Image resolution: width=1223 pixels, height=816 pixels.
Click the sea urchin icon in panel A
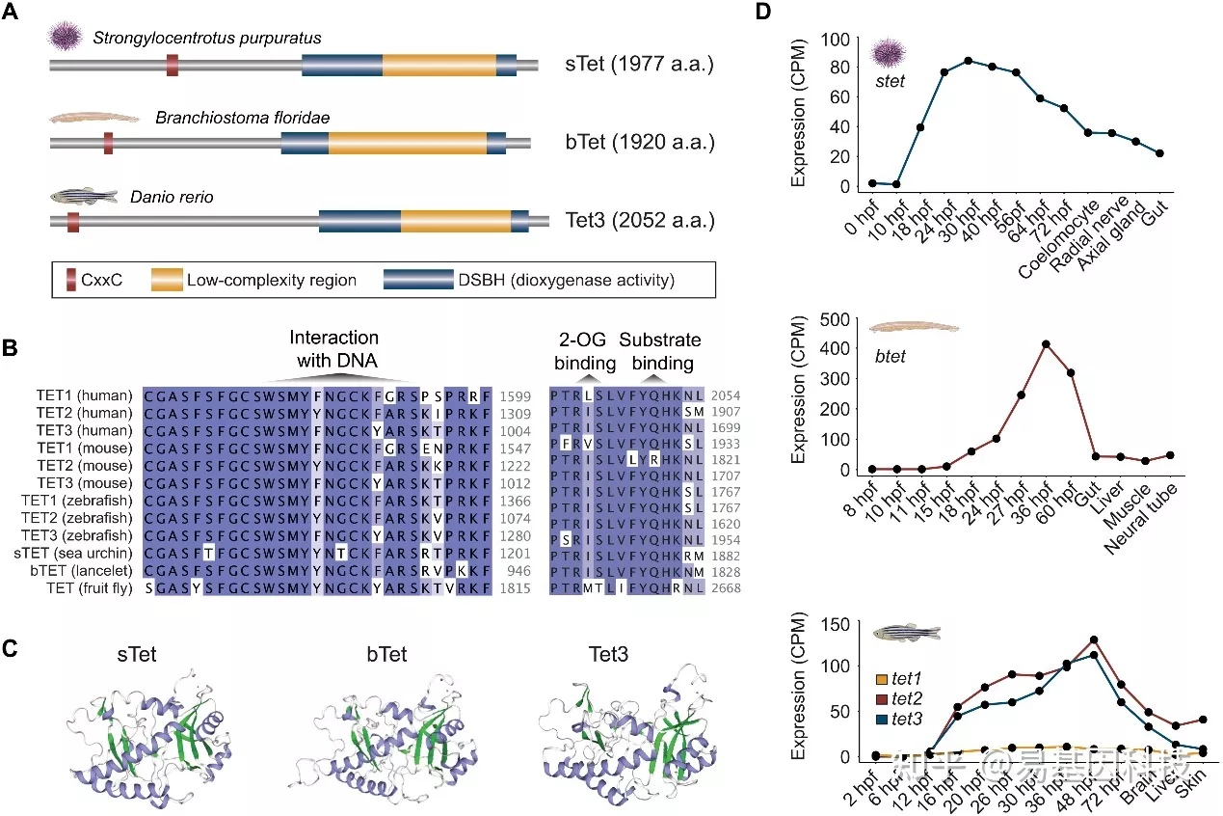click(x=66, y=36)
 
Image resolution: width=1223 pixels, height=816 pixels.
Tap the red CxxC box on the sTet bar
click(x=172, y=65)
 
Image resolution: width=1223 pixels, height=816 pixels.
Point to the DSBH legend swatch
click(x=418, y=281)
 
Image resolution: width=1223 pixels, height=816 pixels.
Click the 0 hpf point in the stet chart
click(x=871, y=183)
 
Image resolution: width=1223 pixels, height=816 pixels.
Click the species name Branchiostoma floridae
click(x=242, y=118)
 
